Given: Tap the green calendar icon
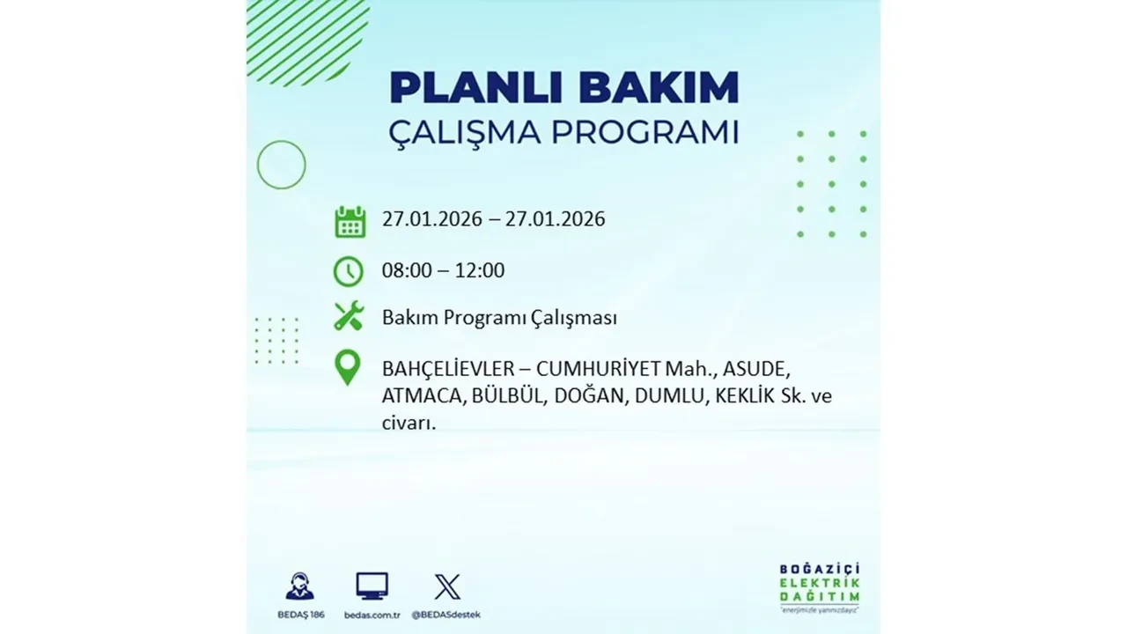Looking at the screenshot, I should point(350,221).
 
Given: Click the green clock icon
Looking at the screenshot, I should point(349,271).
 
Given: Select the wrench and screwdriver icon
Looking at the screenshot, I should point(349,317).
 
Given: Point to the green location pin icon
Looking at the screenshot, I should point(349,368).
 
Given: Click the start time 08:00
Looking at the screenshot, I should point(407,270).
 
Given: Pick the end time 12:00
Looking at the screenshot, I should point(479,270).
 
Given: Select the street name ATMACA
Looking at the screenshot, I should point(420,396).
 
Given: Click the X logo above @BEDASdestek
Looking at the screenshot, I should point(447,586).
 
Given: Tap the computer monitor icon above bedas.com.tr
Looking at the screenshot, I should point(372,586).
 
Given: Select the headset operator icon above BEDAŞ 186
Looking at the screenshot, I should point(299,586).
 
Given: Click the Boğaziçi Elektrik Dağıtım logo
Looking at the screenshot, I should point(820,586).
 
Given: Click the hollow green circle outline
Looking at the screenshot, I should point(281,165).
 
